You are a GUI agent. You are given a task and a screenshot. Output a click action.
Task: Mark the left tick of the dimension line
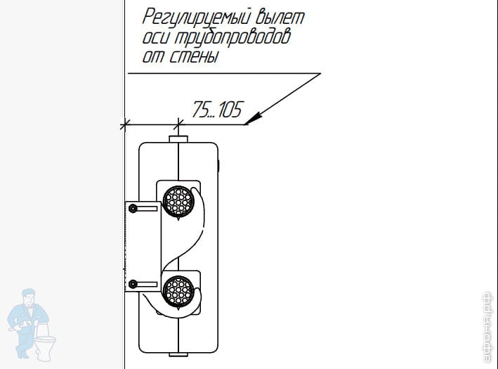point(125,125)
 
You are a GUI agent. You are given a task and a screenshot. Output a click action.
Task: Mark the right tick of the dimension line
point(180,125)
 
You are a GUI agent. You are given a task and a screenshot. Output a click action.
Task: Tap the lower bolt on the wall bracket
point(133,284)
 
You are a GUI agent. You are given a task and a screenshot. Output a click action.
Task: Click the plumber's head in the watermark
point(32,297)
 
